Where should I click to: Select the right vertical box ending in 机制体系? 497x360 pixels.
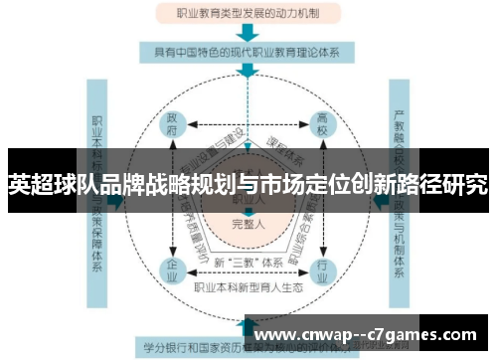click(x=402, y=199)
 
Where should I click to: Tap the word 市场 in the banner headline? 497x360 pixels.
click(x=283, y=184)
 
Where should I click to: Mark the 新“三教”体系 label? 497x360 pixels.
click(x=248, y=262)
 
